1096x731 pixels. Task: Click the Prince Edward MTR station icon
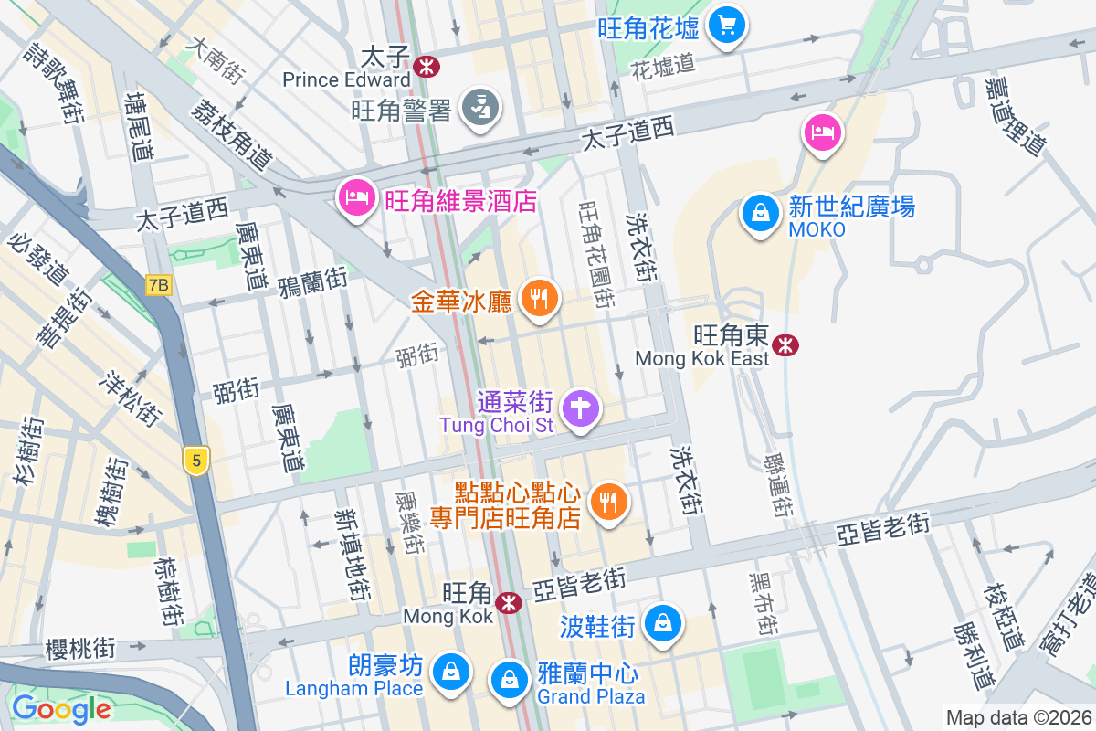click(426, 65)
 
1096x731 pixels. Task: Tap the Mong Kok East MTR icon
click(785, 344)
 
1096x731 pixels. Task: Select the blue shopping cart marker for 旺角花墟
click(727, 24)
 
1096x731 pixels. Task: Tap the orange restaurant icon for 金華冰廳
click(540, 298)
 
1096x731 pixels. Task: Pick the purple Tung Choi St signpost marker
click(580, 407)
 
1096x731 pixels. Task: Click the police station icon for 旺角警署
click(479, 108)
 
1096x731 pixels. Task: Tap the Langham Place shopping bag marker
click(451, 672)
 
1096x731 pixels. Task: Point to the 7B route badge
click(158, 285)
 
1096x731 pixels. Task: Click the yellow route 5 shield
click(195, 461)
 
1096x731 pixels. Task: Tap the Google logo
click(61, 708)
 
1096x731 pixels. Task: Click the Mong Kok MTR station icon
click(509, 602)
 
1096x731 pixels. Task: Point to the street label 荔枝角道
click(232, 133)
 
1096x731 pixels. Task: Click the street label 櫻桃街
click(81, 650)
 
